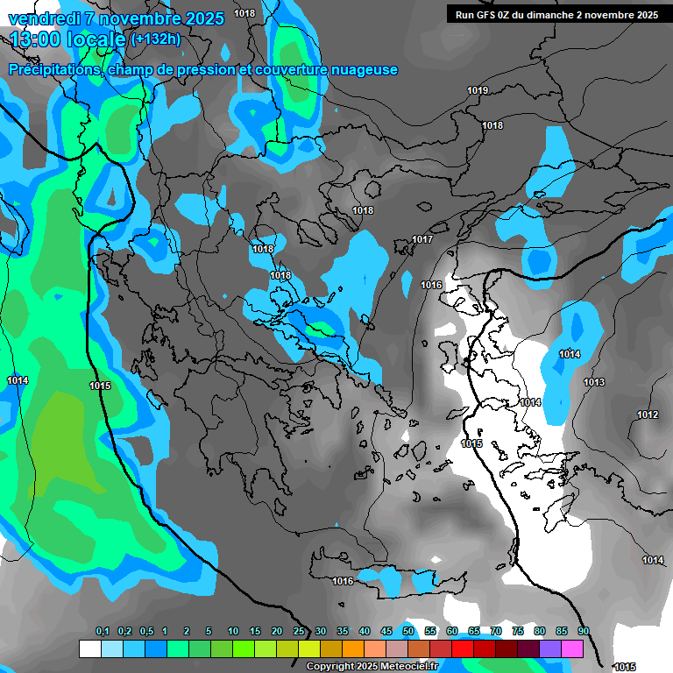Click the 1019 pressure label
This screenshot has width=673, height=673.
478,90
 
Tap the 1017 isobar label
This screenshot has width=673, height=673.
423,239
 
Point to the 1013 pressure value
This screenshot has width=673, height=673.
594,382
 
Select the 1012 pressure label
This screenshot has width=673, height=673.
648,414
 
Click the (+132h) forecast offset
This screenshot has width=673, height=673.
156,39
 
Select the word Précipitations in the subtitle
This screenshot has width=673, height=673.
55,69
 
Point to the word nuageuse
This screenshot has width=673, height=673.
361,69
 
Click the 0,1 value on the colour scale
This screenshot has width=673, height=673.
103,631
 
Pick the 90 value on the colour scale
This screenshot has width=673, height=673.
584,631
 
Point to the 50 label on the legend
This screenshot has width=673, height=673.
408,631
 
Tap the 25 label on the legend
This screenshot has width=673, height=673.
299,631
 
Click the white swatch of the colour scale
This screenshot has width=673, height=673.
89,648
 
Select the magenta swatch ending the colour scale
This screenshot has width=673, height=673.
572,648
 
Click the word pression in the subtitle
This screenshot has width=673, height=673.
206,69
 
